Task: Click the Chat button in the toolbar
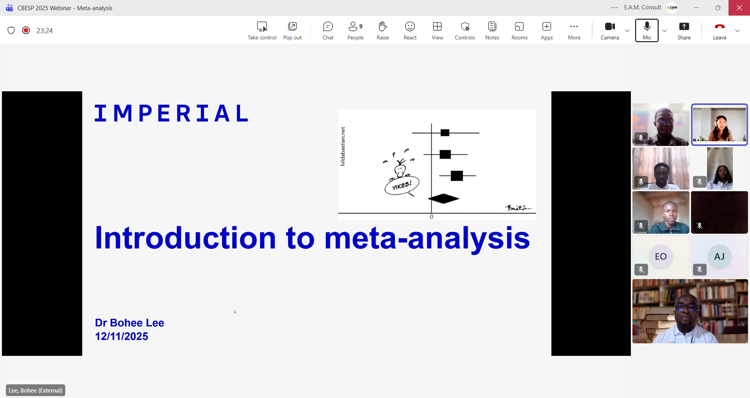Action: (328, 31)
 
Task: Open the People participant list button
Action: (355, 31)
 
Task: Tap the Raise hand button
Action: (383, 31)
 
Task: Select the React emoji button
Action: (410, 31)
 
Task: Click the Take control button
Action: (262, 31)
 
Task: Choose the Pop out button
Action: (293, 31)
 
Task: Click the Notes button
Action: (492, 31)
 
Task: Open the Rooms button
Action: (520, 31)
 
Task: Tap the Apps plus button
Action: (547, 31)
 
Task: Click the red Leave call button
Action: (720, 31)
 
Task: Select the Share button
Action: (684, 31)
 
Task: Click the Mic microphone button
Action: (647, 30)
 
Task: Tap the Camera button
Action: (610, 31)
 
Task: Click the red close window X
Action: (739, 8)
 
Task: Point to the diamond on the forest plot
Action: (444, 199)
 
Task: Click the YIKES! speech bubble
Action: (402, 186)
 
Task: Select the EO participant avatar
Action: (661, 256)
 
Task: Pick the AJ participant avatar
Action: (720, 256)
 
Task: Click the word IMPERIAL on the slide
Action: (171, 113)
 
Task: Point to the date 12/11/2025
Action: (121, 336)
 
